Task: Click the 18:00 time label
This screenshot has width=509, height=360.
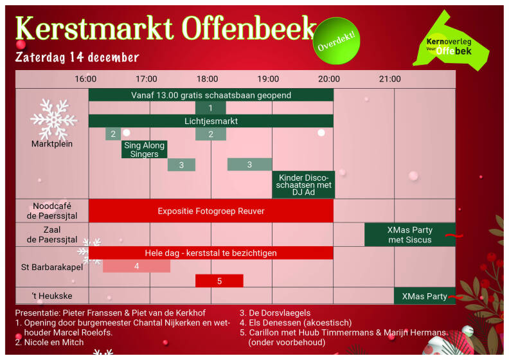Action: pyautogui.click(x=207, y=79)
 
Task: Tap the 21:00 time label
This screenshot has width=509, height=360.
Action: pyautogui.click(x=389, y=79)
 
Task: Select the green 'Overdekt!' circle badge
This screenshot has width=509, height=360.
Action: pyautogui.click(x=336, y=41)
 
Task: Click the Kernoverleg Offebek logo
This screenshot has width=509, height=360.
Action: pyautogui.click(x=451, y=42)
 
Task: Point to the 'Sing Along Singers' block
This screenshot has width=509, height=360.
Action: pyautogui.click(x=144, y=149)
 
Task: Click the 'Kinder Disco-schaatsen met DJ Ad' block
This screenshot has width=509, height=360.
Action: pyautogui.click(x=303, y=184)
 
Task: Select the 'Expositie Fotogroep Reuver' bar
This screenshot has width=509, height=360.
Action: pyautogui.click(x=211, y=211)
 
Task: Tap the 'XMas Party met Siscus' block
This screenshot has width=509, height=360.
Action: pyautogui.click(x=409, y=235)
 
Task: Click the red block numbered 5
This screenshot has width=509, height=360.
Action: pyautogui.click(x=219, y=281)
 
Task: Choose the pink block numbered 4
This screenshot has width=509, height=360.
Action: pyautogui.click(x=136, y=266)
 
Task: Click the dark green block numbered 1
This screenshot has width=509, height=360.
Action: pyautogui.click(x=210, y=108)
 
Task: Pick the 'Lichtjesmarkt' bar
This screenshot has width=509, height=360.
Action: pyautogui.click(x=211, y=121)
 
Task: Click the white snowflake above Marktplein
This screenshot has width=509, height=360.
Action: pyautogui.click(x=53, y=120)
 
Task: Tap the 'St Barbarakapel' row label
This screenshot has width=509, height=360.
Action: pyautogui.click(x=52, y=267)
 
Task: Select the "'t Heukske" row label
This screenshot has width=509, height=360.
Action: pyautogui.click(x=52, y=296)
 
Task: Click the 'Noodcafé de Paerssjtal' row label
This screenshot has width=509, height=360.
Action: pyautogui.click(x=52, y=211)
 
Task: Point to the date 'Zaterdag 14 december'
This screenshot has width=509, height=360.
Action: pyautogui.click(x=77, y=57)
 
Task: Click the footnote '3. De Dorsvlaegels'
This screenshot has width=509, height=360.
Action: pyautogui.click(x=275, y=313)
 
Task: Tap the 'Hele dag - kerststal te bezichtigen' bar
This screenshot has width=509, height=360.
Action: pyautogui.click(x=211, y=253)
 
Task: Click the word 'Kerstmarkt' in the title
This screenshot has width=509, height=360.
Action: pyautogui.click(x=94, y=28)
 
